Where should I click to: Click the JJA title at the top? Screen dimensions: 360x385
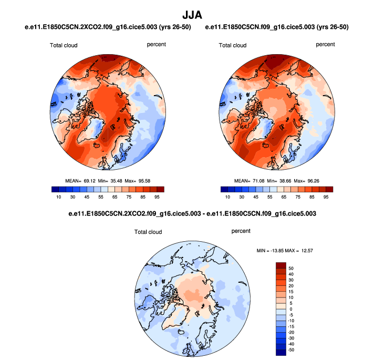192,12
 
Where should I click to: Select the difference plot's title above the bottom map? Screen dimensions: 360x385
192,214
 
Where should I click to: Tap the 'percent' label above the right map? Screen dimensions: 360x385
325,45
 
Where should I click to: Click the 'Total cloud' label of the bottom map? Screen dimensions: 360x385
148,232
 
